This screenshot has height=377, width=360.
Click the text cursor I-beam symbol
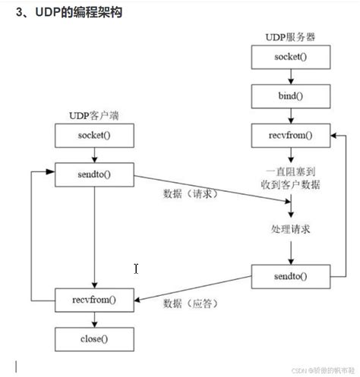[x=135, y=269]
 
